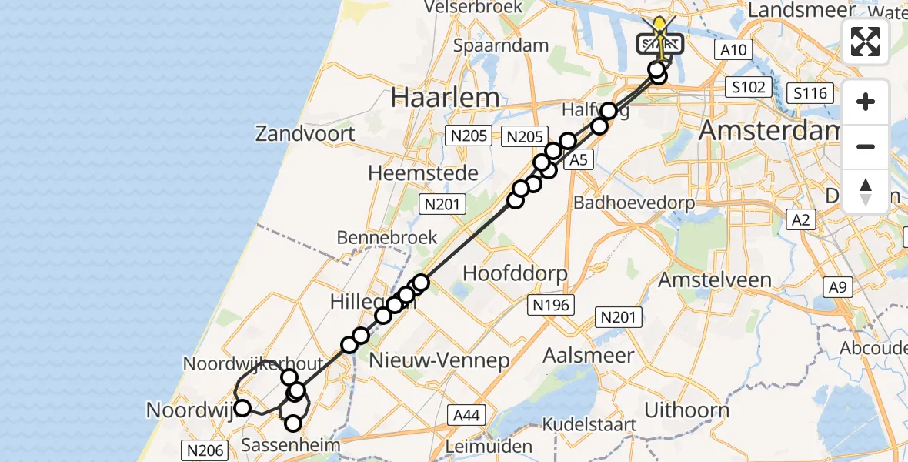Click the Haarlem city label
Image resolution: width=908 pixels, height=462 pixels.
tap(445, 98)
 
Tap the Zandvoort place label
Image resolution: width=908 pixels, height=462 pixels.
tap(305, 134)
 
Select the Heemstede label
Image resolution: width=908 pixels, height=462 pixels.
tap(423, 173)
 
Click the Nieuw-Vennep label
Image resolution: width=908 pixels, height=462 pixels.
tap(439, 360)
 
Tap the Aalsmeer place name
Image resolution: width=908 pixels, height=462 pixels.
tap(589, 356)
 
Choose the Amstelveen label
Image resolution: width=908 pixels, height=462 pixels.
tap(715, 280)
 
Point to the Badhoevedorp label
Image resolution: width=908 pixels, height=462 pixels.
tap(634, 203)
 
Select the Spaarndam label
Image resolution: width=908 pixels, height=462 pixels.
tap(512, 45)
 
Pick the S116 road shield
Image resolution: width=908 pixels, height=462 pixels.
tap(811, 94)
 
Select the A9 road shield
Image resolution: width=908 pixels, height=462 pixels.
tap(837, 288)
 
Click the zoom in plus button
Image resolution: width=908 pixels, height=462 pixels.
tap(866, 102)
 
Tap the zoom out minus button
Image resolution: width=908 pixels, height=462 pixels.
tap(866, 146)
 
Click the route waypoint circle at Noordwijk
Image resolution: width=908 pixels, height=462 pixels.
tap(242, 408)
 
